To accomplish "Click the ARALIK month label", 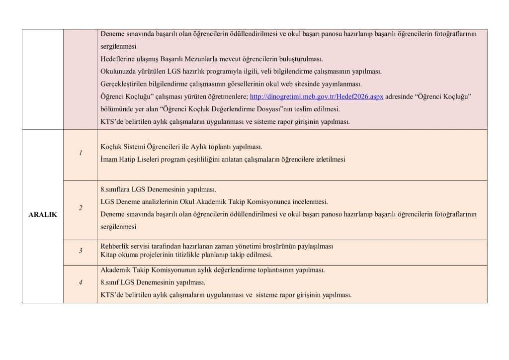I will coord(42,215).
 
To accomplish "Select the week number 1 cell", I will coord(80,153).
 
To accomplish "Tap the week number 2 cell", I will coord(80,208).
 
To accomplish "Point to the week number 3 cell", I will coord(80,251).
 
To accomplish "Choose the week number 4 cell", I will coord(80,283).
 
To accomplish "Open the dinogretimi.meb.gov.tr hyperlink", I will coord(316,96).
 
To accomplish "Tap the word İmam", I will coord(109,160).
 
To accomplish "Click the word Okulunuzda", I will coord(118,71).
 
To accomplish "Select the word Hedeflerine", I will coord(117,59).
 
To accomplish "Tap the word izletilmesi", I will coord(329,160).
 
